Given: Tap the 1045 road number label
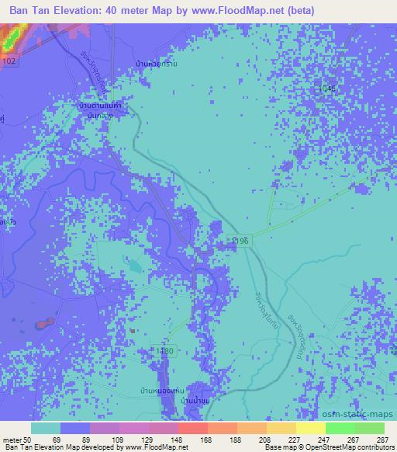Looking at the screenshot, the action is (327, 90).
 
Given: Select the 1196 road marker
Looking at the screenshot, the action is (239, 242).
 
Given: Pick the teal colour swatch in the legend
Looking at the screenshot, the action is (46, 429).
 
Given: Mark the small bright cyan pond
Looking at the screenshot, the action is (136, 266).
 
